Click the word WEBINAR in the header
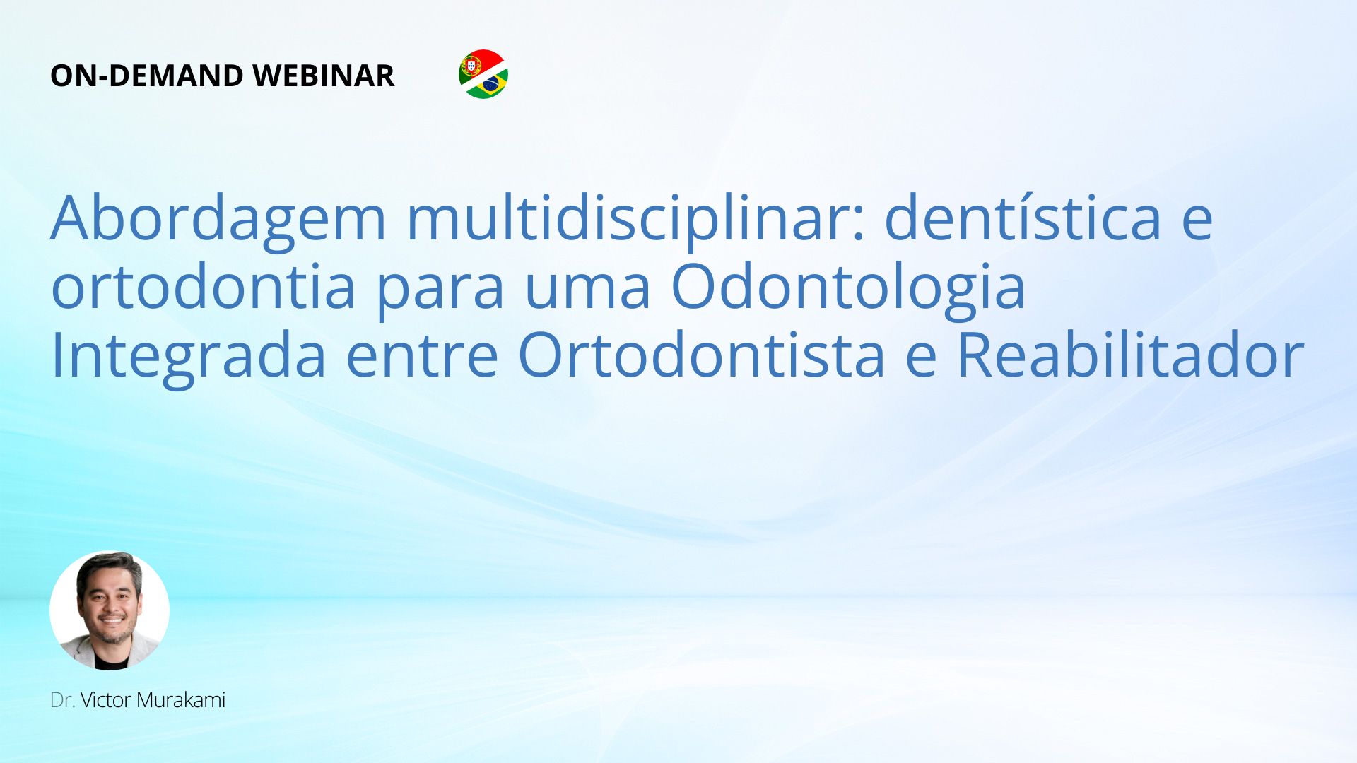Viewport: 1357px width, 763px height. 323,76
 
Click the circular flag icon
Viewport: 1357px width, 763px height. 483,74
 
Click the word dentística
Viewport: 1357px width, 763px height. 1023,217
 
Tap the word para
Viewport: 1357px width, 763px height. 440,294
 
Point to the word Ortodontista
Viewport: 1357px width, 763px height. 702,355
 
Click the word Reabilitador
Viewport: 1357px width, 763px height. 1130,354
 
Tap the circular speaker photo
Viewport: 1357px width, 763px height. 110,610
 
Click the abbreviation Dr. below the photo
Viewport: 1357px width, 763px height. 63,700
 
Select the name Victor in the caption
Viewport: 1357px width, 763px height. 106,700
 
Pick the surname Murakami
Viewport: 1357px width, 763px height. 181,700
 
